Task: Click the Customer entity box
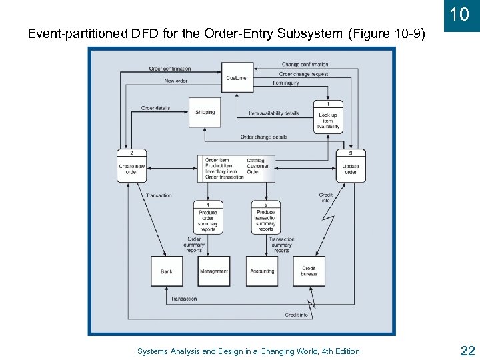(237, 77)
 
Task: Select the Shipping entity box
(205, 113)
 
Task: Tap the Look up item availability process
(328, 117)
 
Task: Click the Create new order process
(131, 166)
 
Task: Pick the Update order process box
(351, 166)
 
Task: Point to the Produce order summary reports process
(208, 217)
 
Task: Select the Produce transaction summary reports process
(265, 217)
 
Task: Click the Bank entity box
(167, 271)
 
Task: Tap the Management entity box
(214, 271)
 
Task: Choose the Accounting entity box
(262, 271)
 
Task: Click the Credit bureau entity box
(309, 271)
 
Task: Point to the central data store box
(233, 169)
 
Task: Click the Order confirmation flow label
(169, 69)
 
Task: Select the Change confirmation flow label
(305, 65)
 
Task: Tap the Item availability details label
(273, 113)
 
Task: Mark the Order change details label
(264, 137)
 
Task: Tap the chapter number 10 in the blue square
(459, 15)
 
